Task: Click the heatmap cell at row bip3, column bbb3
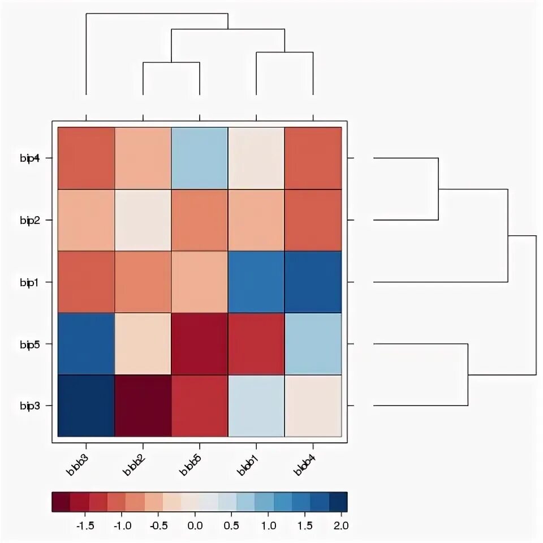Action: coord(86,406)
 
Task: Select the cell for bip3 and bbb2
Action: coord(143,406)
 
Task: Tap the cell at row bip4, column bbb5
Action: coord(200,158)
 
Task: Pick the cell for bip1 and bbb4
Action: coord(313,282)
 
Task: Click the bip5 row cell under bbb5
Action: coord(200,344)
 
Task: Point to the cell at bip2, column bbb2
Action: coord(143,220)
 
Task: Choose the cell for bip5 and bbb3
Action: coord(86,344)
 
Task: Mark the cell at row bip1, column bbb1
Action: coord(256,282)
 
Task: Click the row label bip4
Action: coord(29,158)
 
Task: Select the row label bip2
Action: coord(29,220)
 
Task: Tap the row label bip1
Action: coord(29,282)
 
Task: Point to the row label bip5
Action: coord(29,344)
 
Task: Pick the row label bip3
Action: coord(29,406)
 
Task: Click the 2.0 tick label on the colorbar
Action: coord(340,525)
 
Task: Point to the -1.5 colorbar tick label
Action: coord(84,525)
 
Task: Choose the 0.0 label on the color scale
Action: coord(195,525)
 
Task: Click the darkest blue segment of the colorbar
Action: coord(338,502)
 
